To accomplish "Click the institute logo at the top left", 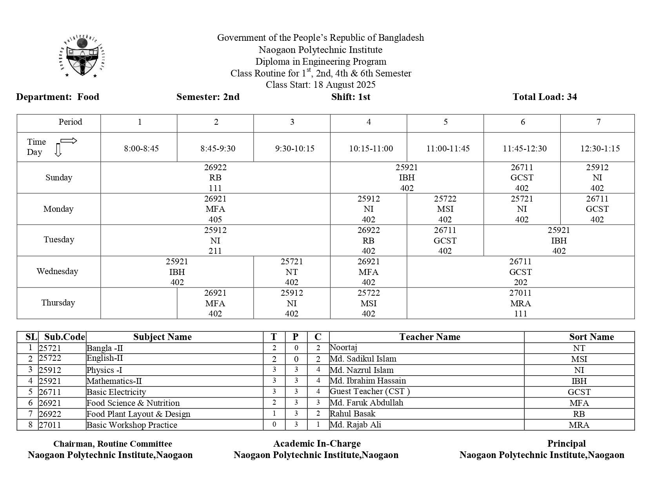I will coord(83,57).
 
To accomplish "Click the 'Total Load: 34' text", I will coord(545,97).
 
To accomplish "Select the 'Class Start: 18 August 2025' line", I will coord(320,85).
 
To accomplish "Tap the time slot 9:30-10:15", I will coord(294,149).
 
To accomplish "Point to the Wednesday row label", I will coord(57,271).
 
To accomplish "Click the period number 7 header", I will coord(598,122).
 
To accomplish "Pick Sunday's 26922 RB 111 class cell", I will coord(215,178).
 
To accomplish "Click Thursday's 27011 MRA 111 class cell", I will coord(520,303).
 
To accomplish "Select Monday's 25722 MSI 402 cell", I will coord(445,209).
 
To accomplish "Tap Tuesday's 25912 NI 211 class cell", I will coord(215,240).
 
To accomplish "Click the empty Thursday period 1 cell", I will coord(139,303).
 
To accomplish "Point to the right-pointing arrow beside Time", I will coord(69,141).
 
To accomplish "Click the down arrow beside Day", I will coord(58,150).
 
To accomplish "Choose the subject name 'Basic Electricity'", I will coord(116,392).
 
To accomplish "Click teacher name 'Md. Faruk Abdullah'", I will coord(366,403).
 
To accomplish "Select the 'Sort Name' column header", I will coord(591,337).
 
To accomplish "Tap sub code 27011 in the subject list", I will coord(50,425).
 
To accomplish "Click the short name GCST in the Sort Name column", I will coord(579,392).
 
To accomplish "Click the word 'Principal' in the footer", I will coord(566,444).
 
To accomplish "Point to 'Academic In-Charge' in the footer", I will coord(317,444).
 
